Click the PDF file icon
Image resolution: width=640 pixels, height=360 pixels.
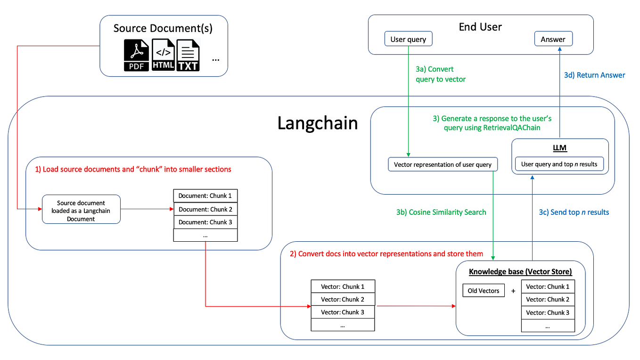click(137, 56)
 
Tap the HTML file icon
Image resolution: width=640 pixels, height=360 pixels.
click(163, 56)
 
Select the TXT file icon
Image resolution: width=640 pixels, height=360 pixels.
click(188, 56)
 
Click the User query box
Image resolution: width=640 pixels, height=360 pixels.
click(408, 40)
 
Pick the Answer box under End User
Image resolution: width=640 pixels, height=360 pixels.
click(553, 40)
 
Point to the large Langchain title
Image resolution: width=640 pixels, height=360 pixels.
click(318, 123)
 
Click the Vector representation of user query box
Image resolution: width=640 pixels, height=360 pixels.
click(443, 164)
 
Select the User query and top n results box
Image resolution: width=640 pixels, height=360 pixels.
click(559, 164)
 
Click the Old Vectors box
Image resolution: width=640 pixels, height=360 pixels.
click(483, 291)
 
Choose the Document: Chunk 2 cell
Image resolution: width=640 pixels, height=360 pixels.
click(205, 209)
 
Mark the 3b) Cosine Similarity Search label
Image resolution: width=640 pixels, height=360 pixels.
click(441, 212)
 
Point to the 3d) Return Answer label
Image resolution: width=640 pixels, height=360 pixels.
click(594, 75)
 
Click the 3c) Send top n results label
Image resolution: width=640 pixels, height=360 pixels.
click(574, 212)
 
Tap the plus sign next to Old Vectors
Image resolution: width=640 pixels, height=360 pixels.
click(513, 291)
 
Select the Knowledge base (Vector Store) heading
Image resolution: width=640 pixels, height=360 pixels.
click(520, 272)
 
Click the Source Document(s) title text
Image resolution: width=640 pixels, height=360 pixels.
click(163, 28)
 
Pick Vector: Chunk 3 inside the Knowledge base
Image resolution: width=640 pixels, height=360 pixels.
click(548, 312)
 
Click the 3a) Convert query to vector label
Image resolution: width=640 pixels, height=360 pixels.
click(440, 74)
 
